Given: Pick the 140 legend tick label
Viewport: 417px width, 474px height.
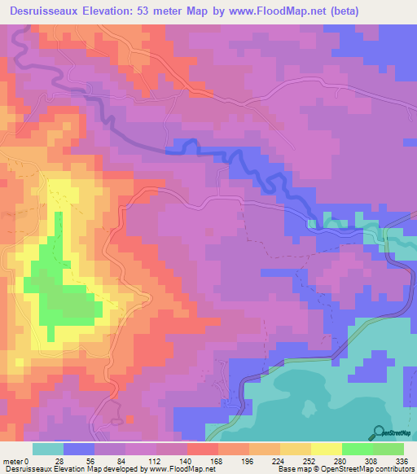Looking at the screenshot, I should (x=187, y=460).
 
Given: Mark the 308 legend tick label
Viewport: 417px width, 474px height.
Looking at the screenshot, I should (x=372, y=460).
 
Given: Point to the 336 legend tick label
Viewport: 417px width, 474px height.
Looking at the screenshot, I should (x=402, y=460).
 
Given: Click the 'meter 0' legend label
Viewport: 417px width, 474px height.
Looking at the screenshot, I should (x=17, y=460).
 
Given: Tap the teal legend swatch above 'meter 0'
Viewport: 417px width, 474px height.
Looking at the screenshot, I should (x=47, y=449).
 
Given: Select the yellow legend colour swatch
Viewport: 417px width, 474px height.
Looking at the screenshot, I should (x=326, y=449).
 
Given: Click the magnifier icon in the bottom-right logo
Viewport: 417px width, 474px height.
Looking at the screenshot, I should (x=378, y=432).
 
